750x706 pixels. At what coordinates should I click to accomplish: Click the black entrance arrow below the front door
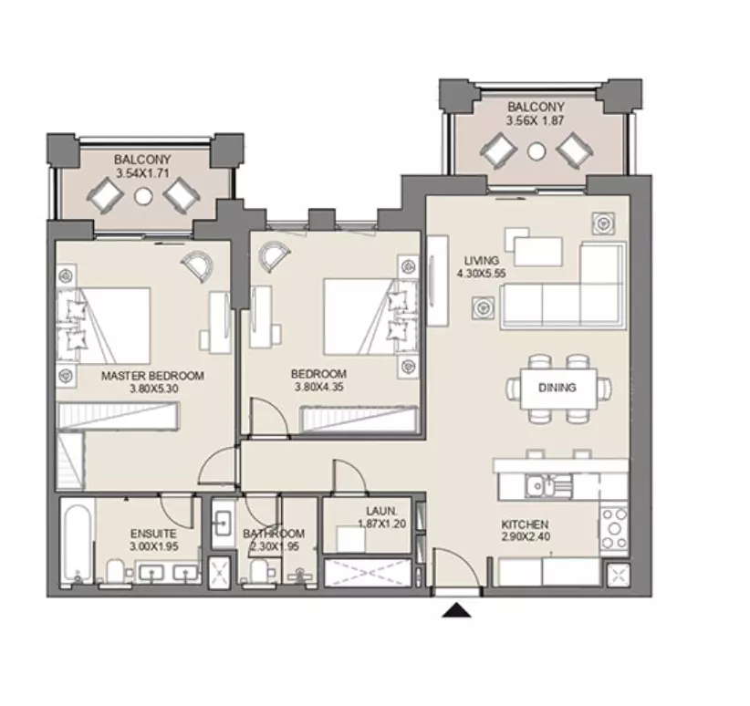coord(457,610)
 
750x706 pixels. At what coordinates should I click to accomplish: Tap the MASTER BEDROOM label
coord(152,376)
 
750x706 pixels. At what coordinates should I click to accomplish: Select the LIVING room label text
coord(482,261)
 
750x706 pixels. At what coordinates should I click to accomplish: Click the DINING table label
coord(557,388)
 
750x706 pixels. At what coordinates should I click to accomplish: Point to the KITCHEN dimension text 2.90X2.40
coord(526,536)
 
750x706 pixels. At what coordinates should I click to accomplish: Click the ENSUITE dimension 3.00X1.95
coord(154,546)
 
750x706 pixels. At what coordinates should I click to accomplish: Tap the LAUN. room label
coord(381,512)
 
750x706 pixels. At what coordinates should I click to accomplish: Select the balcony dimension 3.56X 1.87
coord(536,120)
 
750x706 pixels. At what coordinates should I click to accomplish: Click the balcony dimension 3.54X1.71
coord(142,172)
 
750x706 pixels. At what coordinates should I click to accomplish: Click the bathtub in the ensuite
coord(78,542)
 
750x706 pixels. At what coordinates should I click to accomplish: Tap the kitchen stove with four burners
coord(615,528)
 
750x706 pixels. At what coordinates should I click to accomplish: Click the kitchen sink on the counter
coord(548,486)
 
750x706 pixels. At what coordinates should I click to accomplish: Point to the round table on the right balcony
coord(536,151)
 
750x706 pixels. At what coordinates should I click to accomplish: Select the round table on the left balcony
coord(143,195)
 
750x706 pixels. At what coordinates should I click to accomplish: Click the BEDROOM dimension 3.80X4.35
coord(319,387)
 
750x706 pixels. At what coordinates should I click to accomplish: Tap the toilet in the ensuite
coord(115,571)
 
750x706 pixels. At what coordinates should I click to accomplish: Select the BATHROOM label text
coord(274,534)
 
